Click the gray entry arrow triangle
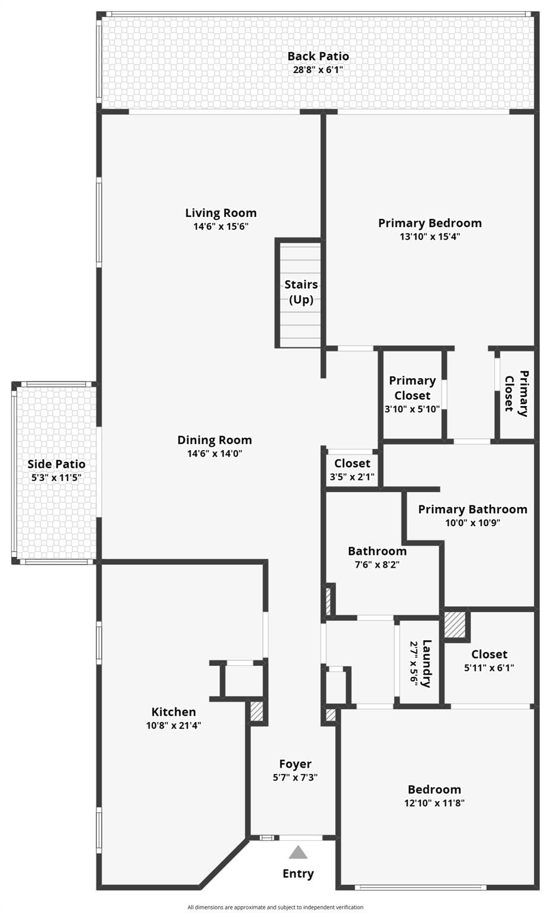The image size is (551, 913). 298,852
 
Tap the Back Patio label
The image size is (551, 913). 318,56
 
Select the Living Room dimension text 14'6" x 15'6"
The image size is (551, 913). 221,226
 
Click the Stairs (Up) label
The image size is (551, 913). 301,291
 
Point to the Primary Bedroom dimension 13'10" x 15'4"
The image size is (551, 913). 430,237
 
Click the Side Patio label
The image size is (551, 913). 56,464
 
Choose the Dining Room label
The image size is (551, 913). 215,440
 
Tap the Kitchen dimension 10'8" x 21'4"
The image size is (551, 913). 174,725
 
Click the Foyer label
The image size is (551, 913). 295,763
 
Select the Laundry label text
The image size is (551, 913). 426,663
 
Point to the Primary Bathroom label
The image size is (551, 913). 473,509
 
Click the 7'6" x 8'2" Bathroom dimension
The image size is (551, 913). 377,565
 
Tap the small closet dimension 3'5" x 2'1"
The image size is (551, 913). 352,477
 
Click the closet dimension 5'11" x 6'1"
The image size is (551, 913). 489,668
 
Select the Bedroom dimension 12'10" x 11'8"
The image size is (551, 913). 434,802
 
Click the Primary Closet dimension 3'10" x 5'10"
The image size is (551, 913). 412,409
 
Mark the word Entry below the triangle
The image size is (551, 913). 298,873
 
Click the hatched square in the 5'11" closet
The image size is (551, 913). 455,625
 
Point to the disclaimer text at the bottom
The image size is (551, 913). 275,907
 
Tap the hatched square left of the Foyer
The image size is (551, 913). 256,711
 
